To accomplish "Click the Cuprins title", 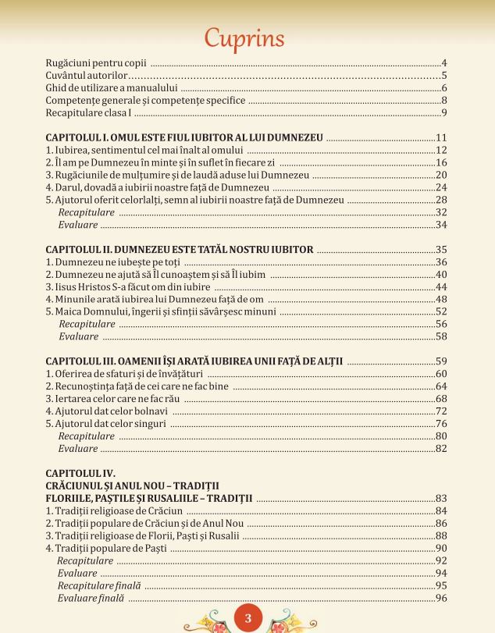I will point(246,37).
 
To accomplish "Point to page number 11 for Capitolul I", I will point(440,137).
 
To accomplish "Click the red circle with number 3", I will point(247,619).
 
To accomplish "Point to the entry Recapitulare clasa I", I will point(89,114).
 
